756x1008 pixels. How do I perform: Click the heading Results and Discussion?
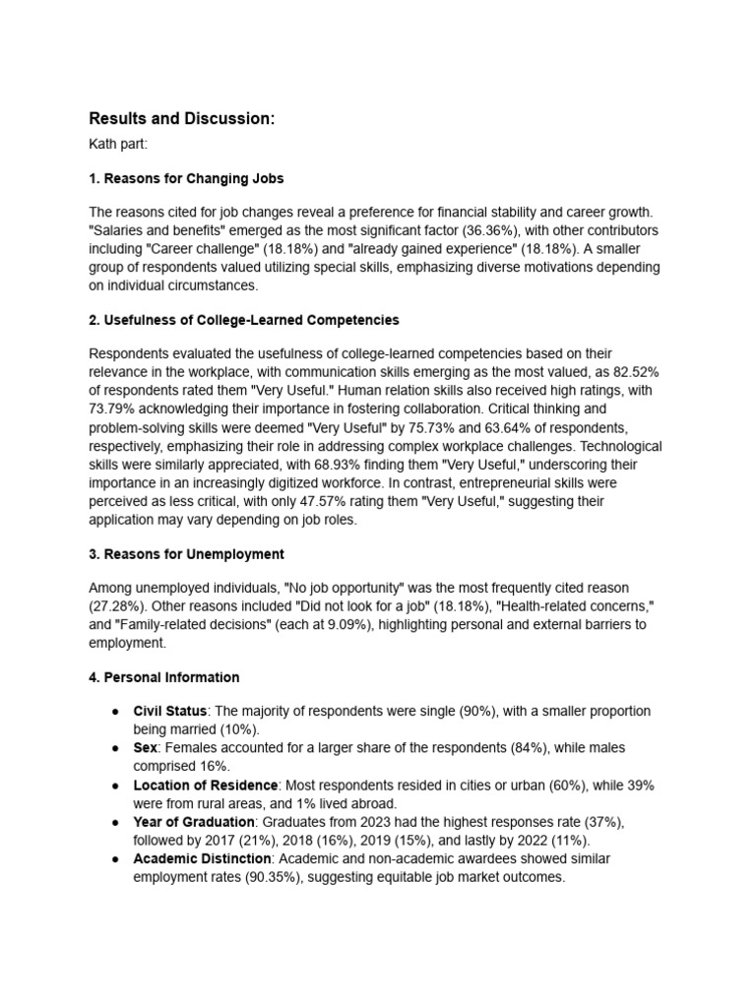click(182, 119)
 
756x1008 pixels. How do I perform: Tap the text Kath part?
click(118, 146)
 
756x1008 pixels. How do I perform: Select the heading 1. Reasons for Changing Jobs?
click(186, 179)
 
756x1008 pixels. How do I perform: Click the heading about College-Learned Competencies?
click(243, 320)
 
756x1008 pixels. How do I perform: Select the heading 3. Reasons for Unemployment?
click(186, 554)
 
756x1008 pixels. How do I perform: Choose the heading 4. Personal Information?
click(163, 677)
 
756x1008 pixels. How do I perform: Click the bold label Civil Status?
click(170, 711)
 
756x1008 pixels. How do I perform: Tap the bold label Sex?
click(146, 748)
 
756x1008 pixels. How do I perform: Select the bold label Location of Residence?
click(206, 786)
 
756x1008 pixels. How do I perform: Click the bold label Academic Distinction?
click(204, 858)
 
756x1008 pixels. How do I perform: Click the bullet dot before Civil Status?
click(115, 711)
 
